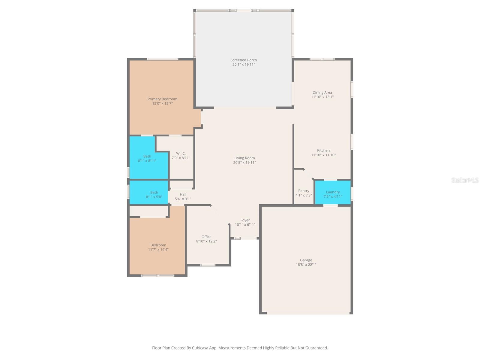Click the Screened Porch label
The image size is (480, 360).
pyautogui.click(x=244, y=60)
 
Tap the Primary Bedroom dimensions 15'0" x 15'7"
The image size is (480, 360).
pyautogui.click(x=162, y=103)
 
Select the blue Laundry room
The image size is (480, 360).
pyautogui.click(x=333, y=192)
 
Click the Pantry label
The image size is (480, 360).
pyautogui.click(x=304, y=191)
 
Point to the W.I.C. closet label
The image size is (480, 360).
pyautogui.click(x=181, y=153)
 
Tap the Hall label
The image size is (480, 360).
pyautogui.click(x=183, y=194)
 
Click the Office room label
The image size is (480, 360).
pyautogui.click(x=206, y=237)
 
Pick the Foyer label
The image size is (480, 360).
pyautogui.click(x=245, y=220)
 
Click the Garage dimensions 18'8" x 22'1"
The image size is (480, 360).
pyautogui.click(x=306, y=265)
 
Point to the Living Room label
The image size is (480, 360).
pyautogui.click(x=244, y=158)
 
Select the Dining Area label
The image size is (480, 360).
pyautogui.click(x=322, y=92)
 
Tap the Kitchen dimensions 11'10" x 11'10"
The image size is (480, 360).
pyautogui.click(x=323, y=155)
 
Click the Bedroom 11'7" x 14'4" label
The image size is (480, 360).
pyautogui.click(x=158, y=245)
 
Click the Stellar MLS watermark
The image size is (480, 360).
pyautogui.click(x=465, y=180)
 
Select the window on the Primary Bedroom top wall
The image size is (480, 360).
pyautogui.click(x=163, y=59)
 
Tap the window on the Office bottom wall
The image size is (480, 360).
pyautogui.click(x=208, y=265)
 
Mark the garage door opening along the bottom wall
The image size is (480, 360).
pyautogui.click(x=308, y=313)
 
